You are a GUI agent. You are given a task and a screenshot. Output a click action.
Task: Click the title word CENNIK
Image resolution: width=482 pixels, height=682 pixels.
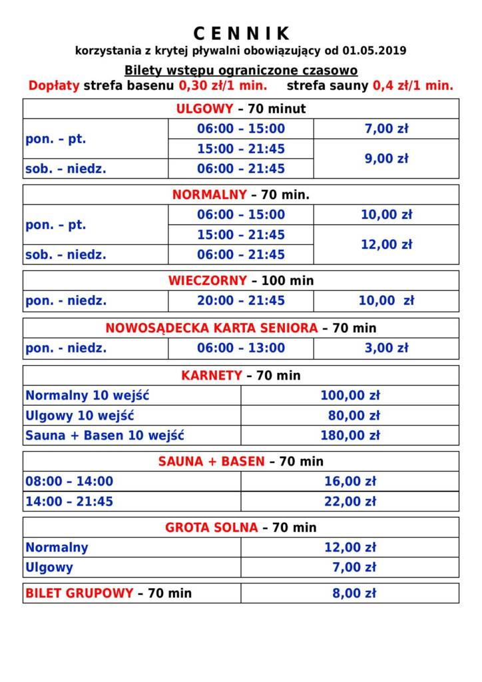242,33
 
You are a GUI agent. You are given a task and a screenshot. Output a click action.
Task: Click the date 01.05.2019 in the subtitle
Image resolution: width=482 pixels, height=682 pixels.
375,51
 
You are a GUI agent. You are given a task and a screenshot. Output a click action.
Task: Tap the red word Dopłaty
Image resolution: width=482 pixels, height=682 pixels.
54,86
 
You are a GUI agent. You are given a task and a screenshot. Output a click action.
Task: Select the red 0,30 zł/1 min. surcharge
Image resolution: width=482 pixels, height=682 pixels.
223,86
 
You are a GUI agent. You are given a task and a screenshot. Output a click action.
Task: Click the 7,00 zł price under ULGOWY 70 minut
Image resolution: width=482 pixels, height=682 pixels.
386,129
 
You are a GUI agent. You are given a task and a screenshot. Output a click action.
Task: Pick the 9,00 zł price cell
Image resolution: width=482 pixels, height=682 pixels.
386,159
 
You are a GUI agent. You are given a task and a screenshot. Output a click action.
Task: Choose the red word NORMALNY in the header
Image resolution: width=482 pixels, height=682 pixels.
210,195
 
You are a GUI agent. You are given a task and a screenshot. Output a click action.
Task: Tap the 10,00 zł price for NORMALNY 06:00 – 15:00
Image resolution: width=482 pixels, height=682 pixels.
386,214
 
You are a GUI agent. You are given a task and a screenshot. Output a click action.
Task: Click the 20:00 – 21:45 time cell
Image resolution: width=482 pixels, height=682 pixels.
240,300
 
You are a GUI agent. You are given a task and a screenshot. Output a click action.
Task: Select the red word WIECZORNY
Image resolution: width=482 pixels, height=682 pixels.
207,281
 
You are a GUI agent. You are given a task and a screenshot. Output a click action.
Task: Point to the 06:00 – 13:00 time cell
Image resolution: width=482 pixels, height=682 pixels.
240,348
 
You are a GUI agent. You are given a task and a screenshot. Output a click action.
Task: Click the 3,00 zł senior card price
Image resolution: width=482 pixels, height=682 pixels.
386,348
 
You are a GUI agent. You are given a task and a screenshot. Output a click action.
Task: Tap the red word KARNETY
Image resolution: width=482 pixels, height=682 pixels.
212,376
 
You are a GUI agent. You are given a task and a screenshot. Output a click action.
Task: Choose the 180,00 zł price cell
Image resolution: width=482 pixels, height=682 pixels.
350,436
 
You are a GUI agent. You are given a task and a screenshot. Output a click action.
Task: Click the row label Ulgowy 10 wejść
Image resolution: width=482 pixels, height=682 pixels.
80,416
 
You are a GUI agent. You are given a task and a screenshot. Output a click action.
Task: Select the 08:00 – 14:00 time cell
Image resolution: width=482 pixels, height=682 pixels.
69,482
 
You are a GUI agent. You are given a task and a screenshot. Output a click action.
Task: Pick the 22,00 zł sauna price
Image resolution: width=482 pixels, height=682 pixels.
350,502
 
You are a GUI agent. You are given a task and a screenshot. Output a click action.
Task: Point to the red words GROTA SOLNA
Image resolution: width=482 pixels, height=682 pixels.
212,527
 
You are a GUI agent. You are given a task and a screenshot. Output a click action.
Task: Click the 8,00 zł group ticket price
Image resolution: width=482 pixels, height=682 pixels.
354,593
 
